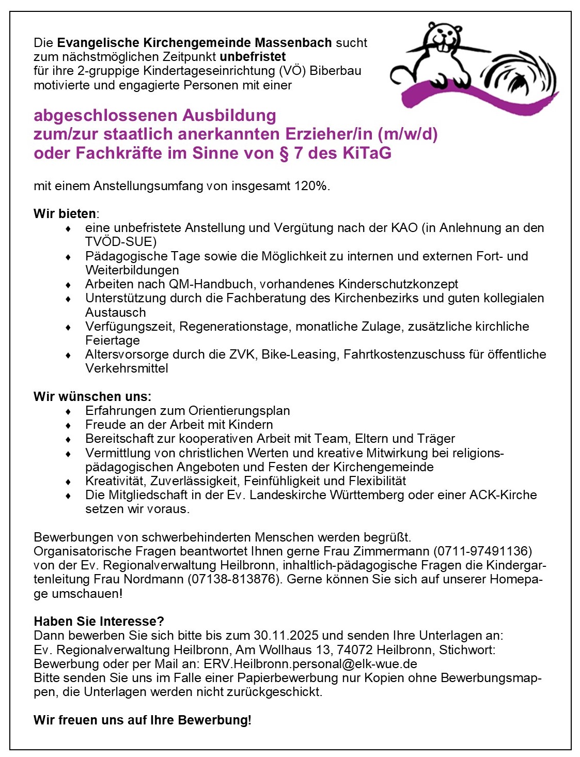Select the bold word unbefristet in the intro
[253, 57]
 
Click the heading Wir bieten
[65, 214]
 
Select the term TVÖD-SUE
[120, 242]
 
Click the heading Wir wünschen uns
[92, 397]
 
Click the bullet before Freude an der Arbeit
[68, 425]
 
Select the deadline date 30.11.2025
[286, 636]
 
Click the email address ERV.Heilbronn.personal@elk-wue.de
[310, 664]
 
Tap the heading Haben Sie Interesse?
[99, 622]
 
